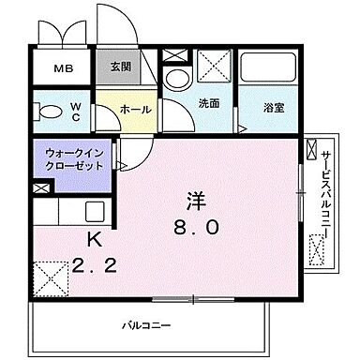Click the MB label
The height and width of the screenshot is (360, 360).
(x=63, y=69)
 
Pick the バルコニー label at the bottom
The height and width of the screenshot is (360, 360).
(x=144, y=325)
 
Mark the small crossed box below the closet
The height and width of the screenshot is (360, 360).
(x=38, y=187)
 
